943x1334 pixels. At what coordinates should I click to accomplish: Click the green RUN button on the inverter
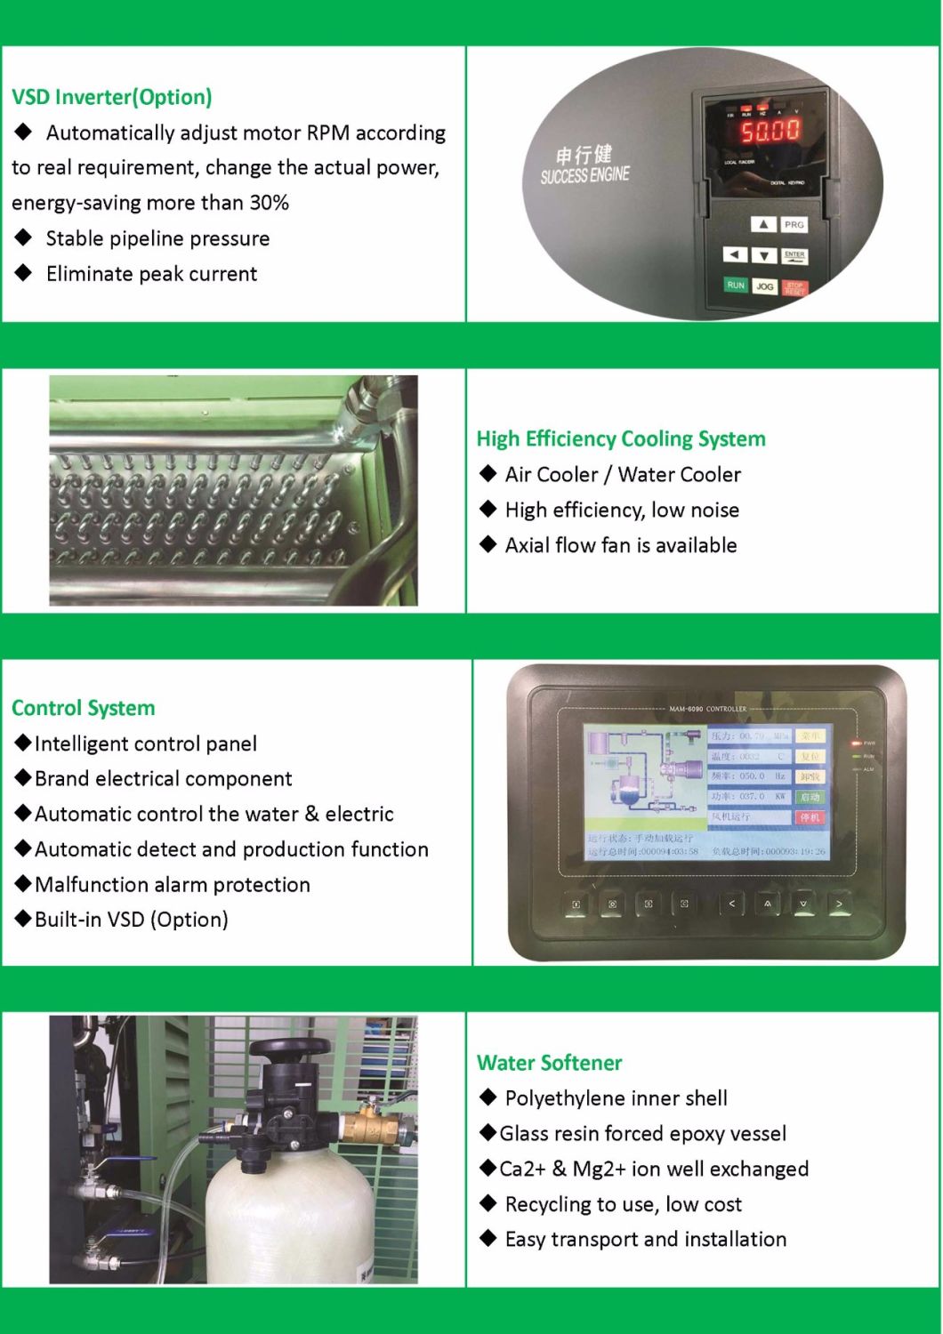point(735,285)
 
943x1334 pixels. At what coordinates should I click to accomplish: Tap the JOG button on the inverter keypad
point(764,286)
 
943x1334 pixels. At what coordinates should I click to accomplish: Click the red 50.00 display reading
point(770,132)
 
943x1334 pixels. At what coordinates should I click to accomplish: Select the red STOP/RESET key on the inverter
point(794,288)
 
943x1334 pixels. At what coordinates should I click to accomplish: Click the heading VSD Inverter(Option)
point(112,97)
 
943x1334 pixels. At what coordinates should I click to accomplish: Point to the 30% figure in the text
point(269,203)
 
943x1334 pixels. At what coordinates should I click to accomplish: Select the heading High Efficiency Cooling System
point(621,438)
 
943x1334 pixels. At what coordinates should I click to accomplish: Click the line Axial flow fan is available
point(621,545)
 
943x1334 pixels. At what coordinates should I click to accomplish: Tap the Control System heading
point(84,708)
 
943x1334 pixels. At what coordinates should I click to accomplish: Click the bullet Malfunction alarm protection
point(173,884)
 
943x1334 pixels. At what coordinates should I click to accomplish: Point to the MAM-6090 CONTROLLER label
point(707,709)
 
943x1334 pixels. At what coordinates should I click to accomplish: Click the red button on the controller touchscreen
point(810,816)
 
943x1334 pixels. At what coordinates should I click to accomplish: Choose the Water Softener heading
point(550,1063)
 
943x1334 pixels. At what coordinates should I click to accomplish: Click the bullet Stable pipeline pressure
point(157,238)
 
